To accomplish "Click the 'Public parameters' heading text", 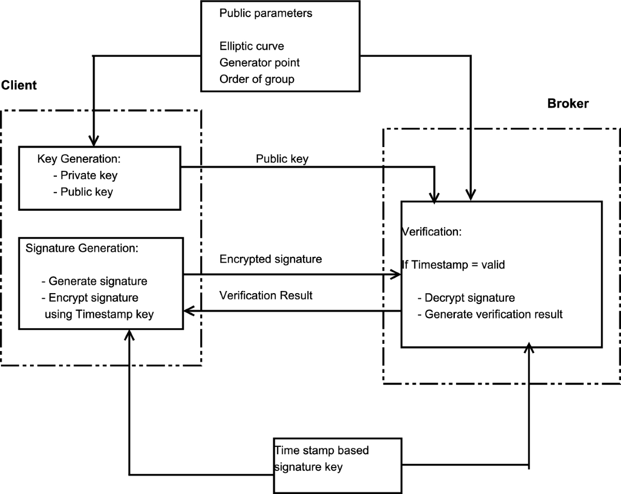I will coord(265,13).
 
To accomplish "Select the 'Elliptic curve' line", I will coord(252,46).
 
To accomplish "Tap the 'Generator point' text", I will coord(259,63).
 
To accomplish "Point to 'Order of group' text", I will coord(257,79).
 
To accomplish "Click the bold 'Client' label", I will coord(19,85).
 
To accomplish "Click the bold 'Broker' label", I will coord(568,104).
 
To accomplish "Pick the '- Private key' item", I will coord(85,176).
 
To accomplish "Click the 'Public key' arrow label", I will coord(282,159).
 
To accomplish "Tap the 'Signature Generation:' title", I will coord(82,248).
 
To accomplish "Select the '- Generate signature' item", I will coord(94,281).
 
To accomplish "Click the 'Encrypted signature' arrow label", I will coord(270,259).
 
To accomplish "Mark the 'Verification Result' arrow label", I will coord(265,296).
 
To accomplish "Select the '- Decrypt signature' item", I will coord(466,298).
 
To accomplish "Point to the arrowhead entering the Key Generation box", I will coord(94,141).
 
